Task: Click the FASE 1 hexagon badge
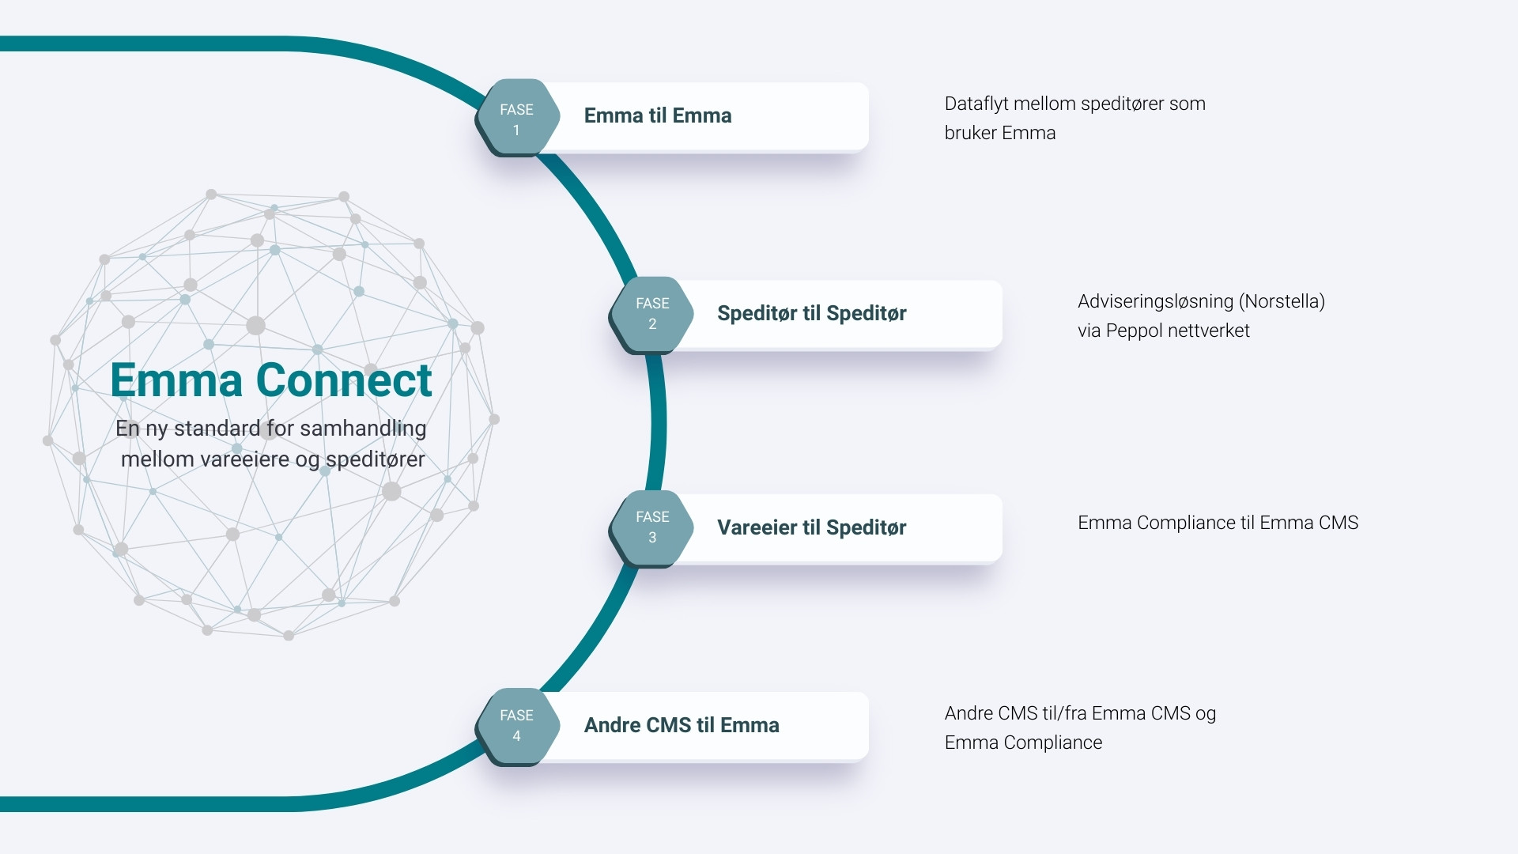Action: pos(517,118)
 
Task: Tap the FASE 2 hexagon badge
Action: pos(652,314)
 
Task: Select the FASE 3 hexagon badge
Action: pos(652,527)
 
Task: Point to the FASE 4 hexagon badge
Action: pos(517,726)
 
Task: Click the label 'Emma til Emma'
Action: pos(658,115)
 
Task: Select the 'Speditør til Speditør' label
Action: pos(811,313)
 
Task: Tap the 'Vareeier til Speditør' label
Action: pos(811,527)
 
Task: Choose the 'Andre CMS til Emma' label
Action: pos(682,725)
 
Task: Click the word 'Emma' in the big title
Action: pos(176,380)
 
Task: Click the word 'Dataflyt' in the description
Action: pos(976,104)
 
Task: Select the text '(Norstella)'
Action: pos(1282,301)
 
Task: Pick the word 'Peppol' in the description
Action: pos(1135,331)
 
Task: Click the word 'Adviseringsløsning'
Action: pos(1155,301)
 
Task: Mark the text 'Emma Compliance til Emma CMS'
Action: pos(1218,523)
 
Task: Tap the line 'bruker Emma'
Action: pos(1000,133)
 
